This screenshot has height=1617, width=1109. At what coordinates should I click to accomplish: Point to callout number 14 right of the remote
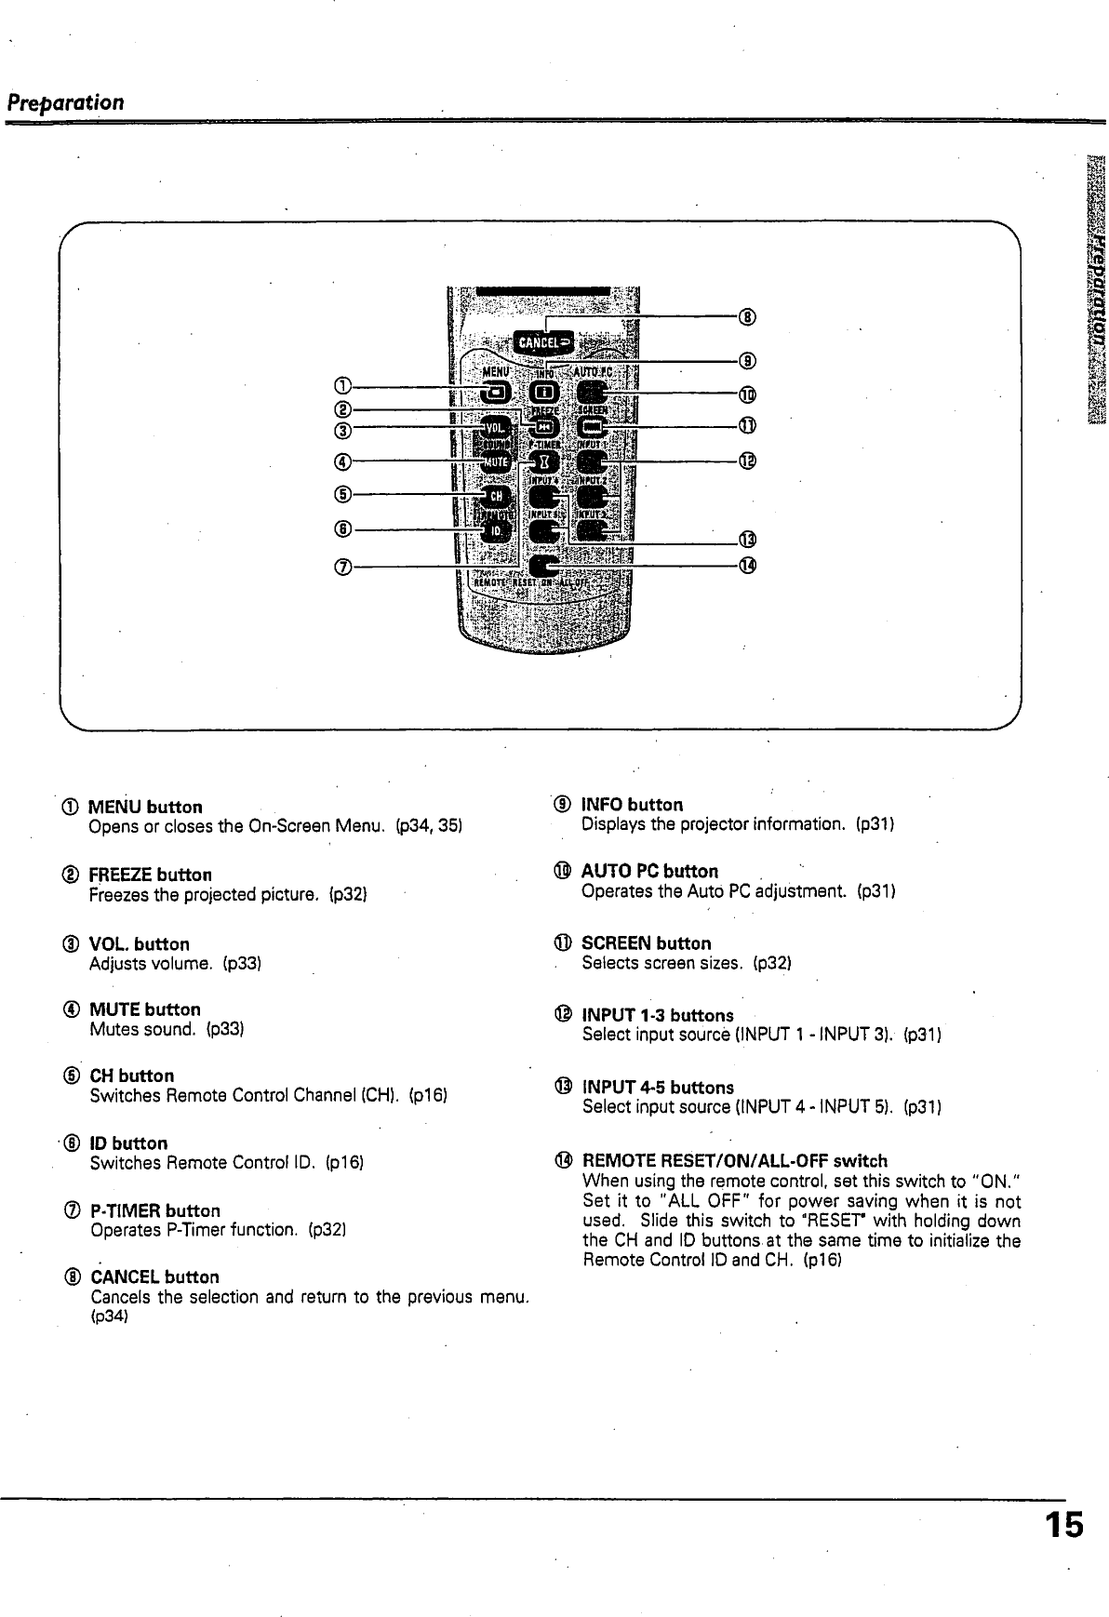point(747,565)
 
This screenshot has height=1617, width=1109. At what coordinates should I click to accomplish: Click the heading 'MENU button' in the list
point(145,807)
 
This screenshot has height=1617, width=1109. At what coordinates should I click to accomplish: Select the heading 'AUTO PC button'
point(649,872)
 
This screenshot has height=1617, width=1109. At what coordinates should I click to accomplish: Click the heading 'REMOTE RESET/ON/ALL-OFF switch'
point(734,1161)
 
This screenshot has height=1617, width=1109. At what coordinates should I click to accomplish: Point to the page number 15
point(1062,1527)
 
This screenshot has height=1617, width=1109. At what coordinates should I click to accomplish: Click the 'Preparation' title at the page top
point(65,101)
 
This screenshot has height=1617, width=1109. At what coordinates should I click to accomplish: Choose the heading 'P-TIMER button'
point(154,1210)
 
